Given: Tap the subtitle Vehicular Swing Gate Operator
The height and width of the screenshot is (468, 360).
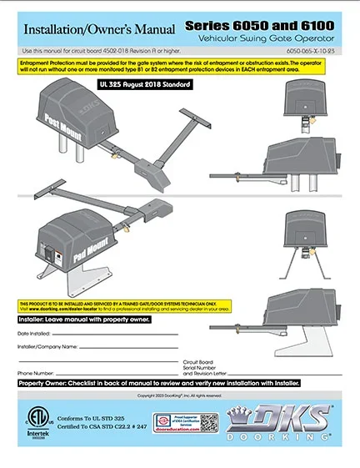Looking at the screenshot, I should coord(272,39).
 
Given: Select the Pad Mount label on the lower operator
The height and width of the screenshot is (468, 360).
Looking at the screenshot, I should coord(79,247).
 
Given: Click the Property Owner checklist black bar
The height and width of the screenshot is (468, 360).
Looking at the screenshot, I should coord(158,383).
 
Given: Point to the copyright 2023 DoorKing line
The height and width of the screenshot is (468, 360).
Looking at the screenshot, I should coord(179,395).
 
